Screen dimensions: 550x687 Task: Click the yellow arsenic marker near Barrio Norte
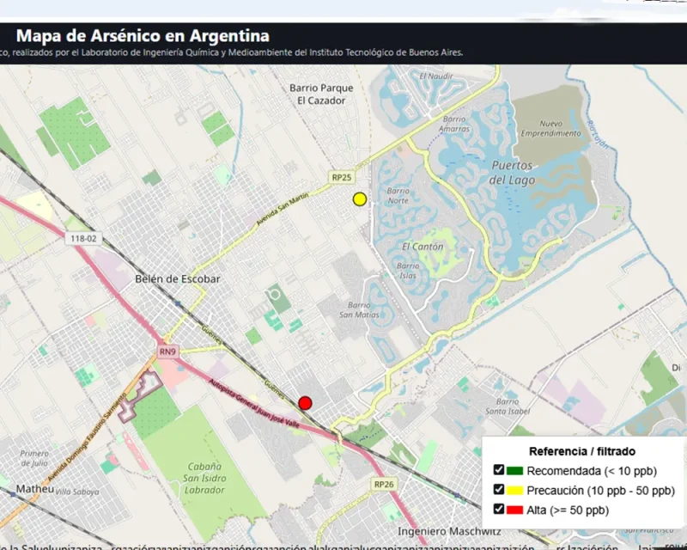click(x=360, y=199)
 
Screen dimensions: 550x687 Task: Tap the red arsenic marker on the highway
click(x=305, y=403)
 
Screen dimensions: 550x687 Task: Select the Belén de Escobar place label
click(x=178, y=279)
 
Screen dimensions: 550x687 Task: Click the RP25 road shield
click(x=341, y=177)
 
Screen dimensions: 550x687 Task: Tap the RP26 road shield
click(x=384, y=485)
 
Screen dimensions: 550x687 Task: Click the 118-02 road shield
click(x=84, y=239)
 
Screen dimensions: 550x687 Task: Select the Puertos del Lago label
click(x=512, y=172)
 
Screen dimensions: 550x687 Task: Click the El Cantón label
click(x=423, y=247)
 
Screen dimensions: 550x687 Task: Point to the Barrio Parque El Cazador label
click(x=321, y=94)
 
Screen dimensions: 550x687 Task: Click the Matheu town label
click(x=35, y=490)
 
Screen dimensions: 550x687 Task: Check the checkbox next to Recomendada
click(x=499, y=470)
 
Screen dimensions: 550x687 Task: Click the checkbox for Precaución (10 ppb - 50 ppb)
click(x=499, y=491)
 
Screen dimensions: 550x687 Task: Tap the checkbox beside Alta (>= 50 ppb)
click(x=499, y=510)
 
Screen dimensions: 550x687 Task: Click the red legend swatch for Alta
click(x=514, y=510)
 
